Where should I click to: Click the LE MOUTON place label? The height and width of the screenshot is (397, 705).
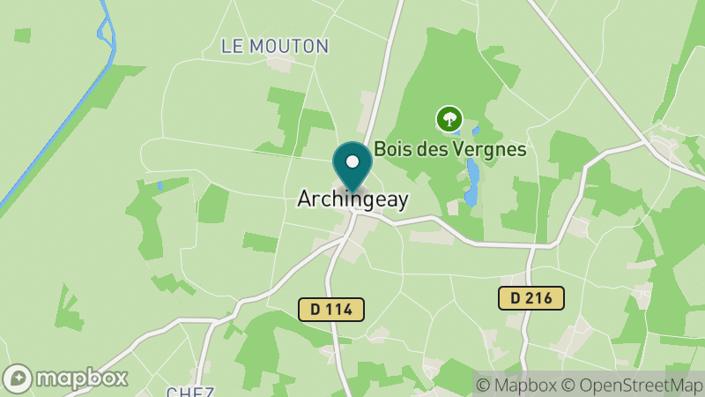coord(268,46)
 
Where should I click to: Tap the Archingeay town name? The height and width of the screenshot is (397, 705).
coord(352,199)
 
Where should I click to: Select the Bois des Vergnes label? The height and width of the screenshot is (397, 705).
coord(449,149)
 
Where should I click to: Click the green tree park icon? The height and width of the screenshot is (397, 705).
coord(449,118)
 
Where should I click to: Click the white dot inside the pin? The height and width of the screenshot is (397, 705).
coord(352,161)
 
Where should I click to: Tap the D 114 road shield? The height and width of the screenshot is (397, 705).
coord(330,309)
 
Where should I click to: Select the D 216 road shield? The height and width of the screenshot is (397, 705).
coord(531,298)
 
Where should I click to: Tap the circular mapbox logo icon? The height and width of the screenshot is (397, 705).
coord(18,378)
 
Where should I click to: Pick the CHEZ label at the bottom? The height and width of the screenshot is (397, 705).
coord(190,391)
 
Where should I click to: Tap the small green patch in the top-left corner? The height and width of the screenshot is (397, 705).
coord(22,35)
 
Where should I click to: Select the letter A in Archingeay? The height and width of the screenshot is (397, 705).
coord(304,199)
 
